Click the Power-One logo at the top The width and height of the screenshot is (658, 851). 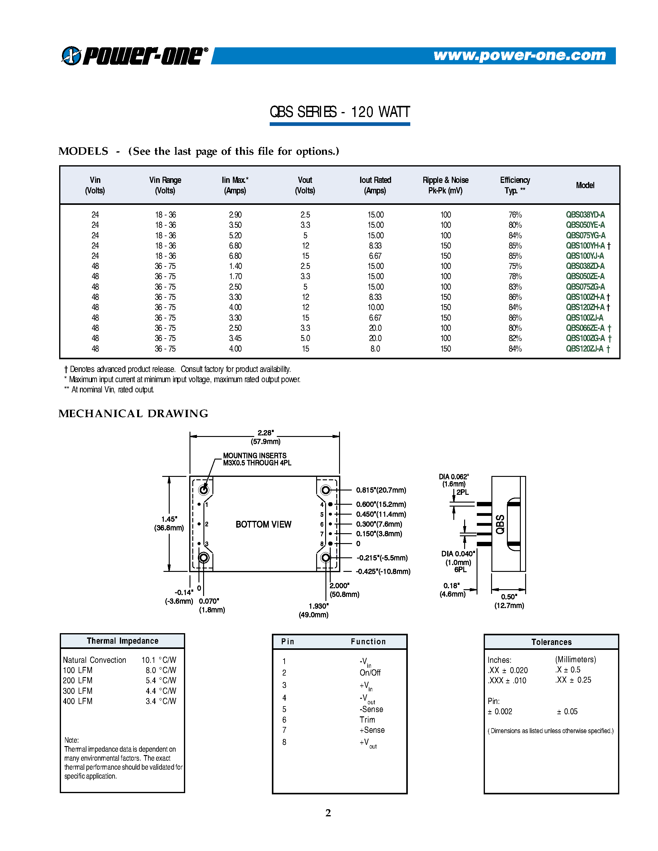point(134,55)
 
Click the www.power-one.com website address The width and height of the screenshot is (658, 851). point(519,55)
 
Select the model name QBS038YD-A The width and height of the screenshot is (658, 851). point(585,215)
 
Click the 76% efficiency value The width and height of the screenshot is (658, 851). point(515,215)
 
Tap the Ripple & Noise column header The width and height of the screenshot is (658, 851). point(445,185)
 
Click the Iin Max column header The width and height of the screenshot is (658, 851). point(235,185)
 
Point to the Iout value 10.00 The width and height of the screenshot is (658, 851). point(375,307)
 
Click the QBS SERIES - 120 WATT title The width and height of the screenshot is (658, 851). point(339,112)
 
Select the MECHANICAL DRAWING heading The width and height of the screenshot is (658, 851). point(133,413)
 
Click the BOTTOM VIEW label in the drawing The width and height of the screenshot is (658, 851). point(263,525)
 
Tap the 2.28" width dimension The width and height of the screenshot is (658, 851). point(265,433)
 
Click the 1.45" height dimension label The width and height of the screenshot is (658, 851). point(169,519)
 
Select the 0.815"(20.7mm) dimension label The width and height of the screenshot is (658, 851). point(381,490)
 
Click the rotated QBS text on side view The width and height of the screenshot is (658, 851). point(500,524)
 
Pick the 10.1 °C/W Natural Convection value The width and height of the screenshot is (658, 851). point(159,660)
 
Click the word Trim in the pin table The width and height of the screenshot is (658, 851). point(367,720)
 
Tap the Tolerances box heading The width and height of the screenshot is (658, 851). point(551,642)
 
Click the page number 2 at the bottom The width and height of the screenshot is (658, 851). point(328,813)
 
